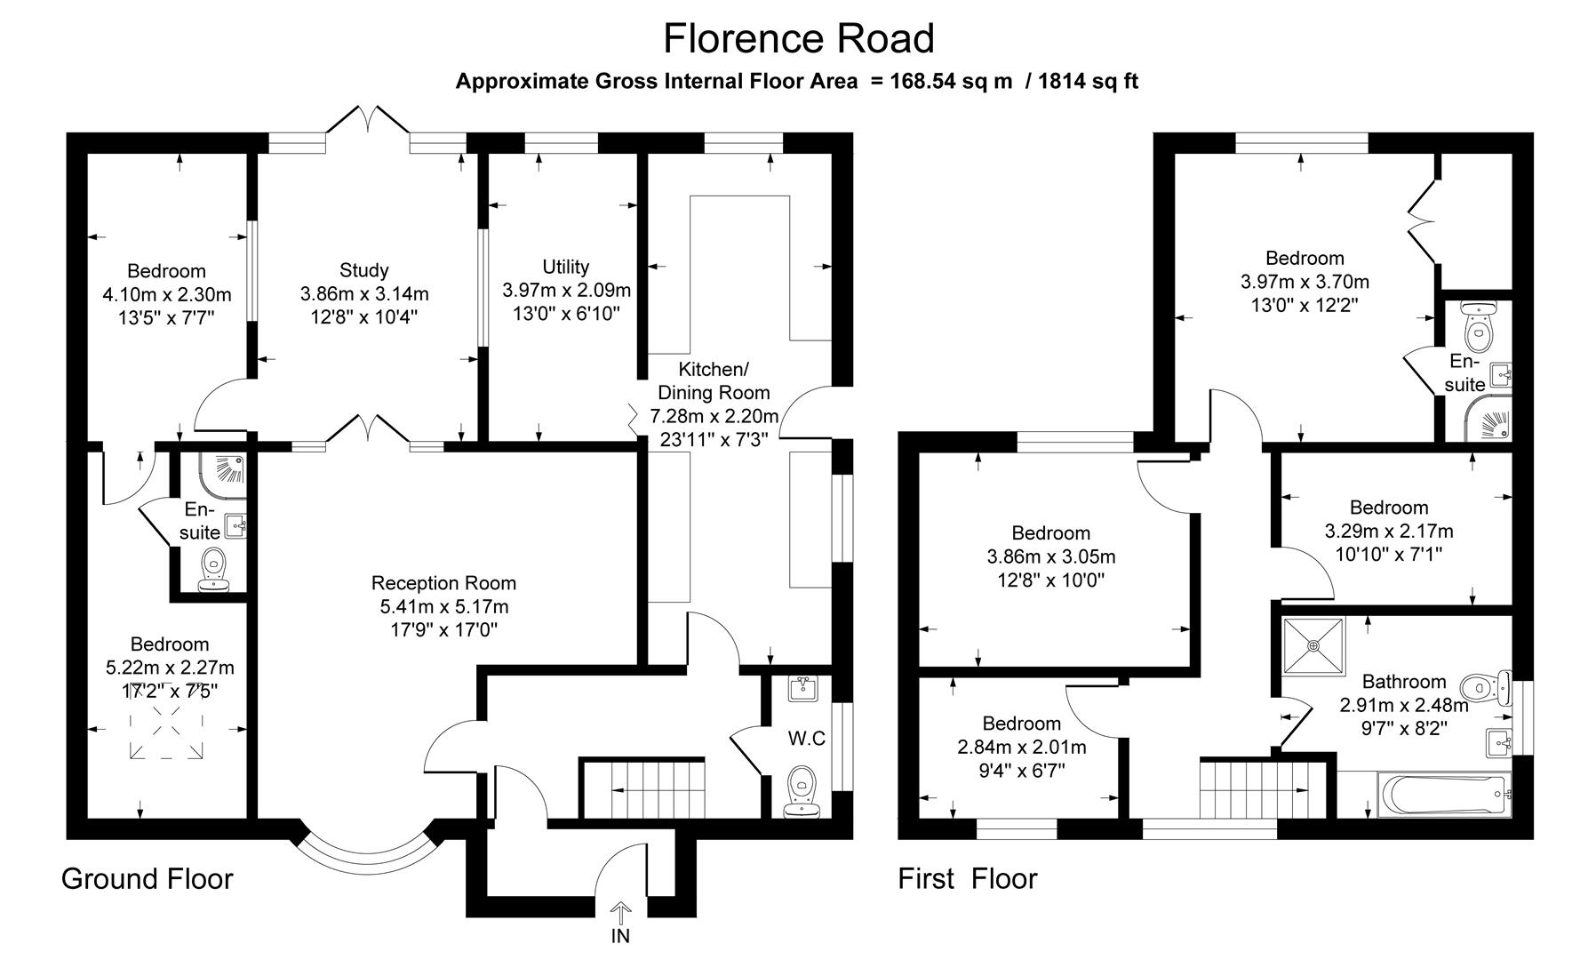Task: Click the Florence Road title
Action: (x=798, y=39)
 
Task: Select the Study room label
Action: (x=363, y=270)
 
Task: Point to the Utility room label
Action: (x=565, y=267)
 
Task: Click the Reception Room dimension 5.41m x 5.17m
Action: (x=443, y=607)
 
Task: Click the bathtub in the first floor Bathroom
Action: (x=1443, y=793)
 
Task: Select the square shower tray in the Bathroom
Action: (x=1313, y=645)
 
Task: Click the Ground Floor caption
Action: (x=147, y=879)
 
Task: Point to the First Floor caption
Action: (x=967, y=879)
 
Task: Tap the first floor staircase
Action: (x=1253, y=788)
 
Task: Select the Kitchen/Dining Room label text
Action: (x=713, y=380)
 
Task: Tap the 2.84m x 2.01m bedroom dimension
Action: (x=1021, y=747)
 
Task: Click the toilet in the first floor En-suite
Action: (x=1478, y=333)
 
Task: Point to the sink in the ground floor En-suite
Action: (x=235, y=526)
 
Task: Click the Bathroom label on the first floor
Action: (x=1404, y=682)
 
